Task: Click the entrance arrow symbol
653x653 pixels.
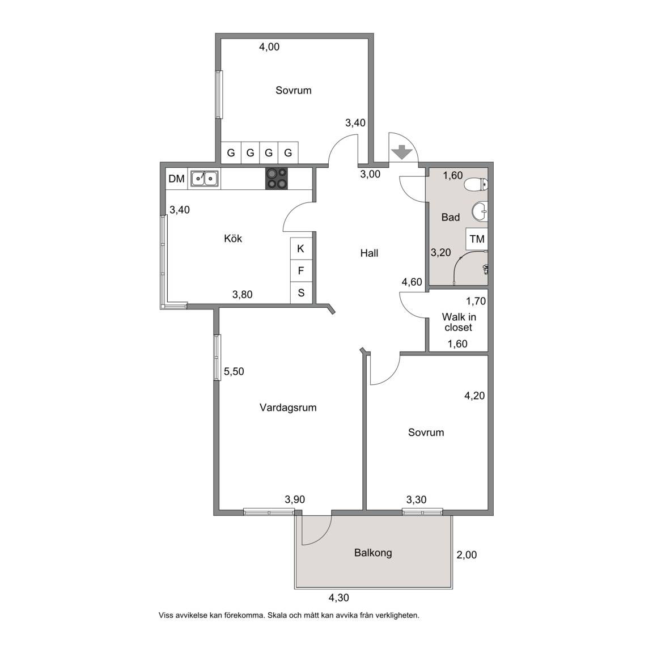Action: (402, 152)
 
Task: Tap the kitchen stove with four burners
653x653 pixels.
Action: (277, 178)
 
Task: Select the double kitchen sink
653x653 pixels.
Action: (205, 178)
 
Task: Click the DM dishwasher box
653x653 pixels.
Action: (177, 179)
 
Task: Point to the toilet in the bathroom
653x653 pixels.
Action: (476, 184)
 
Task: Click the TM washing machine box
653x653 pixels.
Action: (477, 239)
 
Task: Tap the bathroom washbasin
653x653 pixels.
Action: (480, 211)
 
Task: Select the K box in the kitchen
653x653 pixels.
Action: (300, 249)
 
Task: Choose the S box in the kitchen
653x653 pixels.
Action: (300, 292)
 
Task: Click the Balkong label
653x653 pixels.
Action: (373, 553)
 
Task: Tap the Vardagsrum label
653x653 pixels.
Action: (288, 408)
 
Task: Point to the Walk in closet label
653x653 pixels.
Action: (459, 322)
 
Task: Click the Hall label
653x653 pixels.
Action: (370, 253)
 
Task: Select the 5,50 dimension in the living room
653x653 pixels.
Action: (234, 371)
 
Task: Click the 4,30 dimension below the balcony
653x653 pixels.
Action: (339, 598)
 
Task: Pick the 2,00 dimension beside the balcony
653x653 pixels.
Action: (467, 555)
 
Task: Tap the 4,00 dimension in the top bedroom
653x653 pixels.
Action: (269, 47)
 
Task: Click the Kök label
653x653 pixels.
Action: (233, 238)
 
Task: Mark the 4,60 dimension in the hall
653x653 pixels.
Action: (412, 282)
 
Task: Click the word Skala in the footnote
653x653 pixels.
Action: (277, 615)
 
